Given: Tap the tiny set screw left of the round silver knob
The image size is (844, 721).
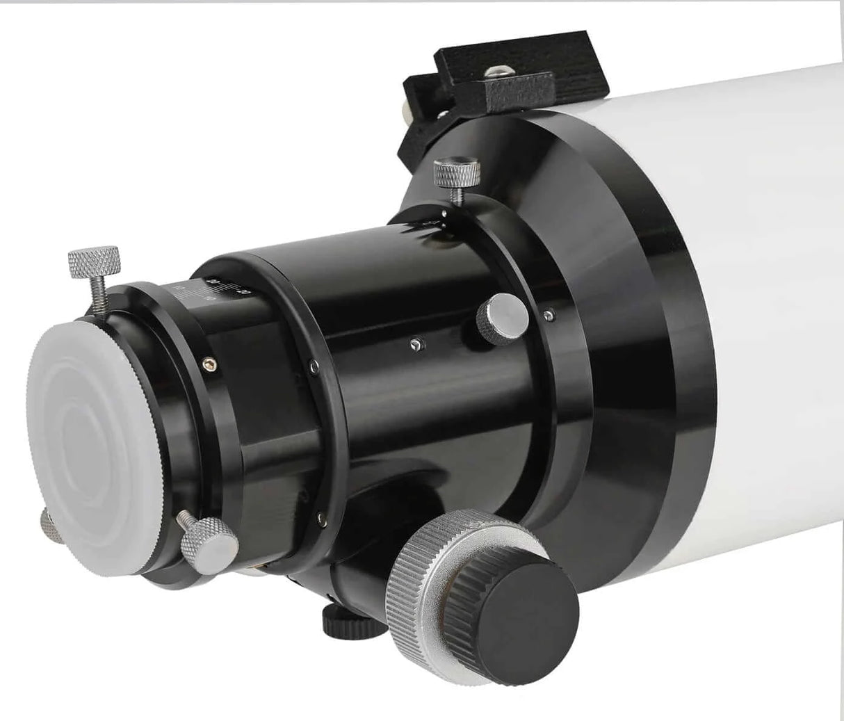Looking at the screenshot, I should pos(414,342).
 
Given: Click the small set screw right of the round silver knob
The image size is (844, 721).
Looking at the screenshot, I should pos(549,314).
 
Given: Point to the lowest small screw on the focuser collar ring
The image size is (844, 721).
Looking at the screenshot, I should pos(316,515).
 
